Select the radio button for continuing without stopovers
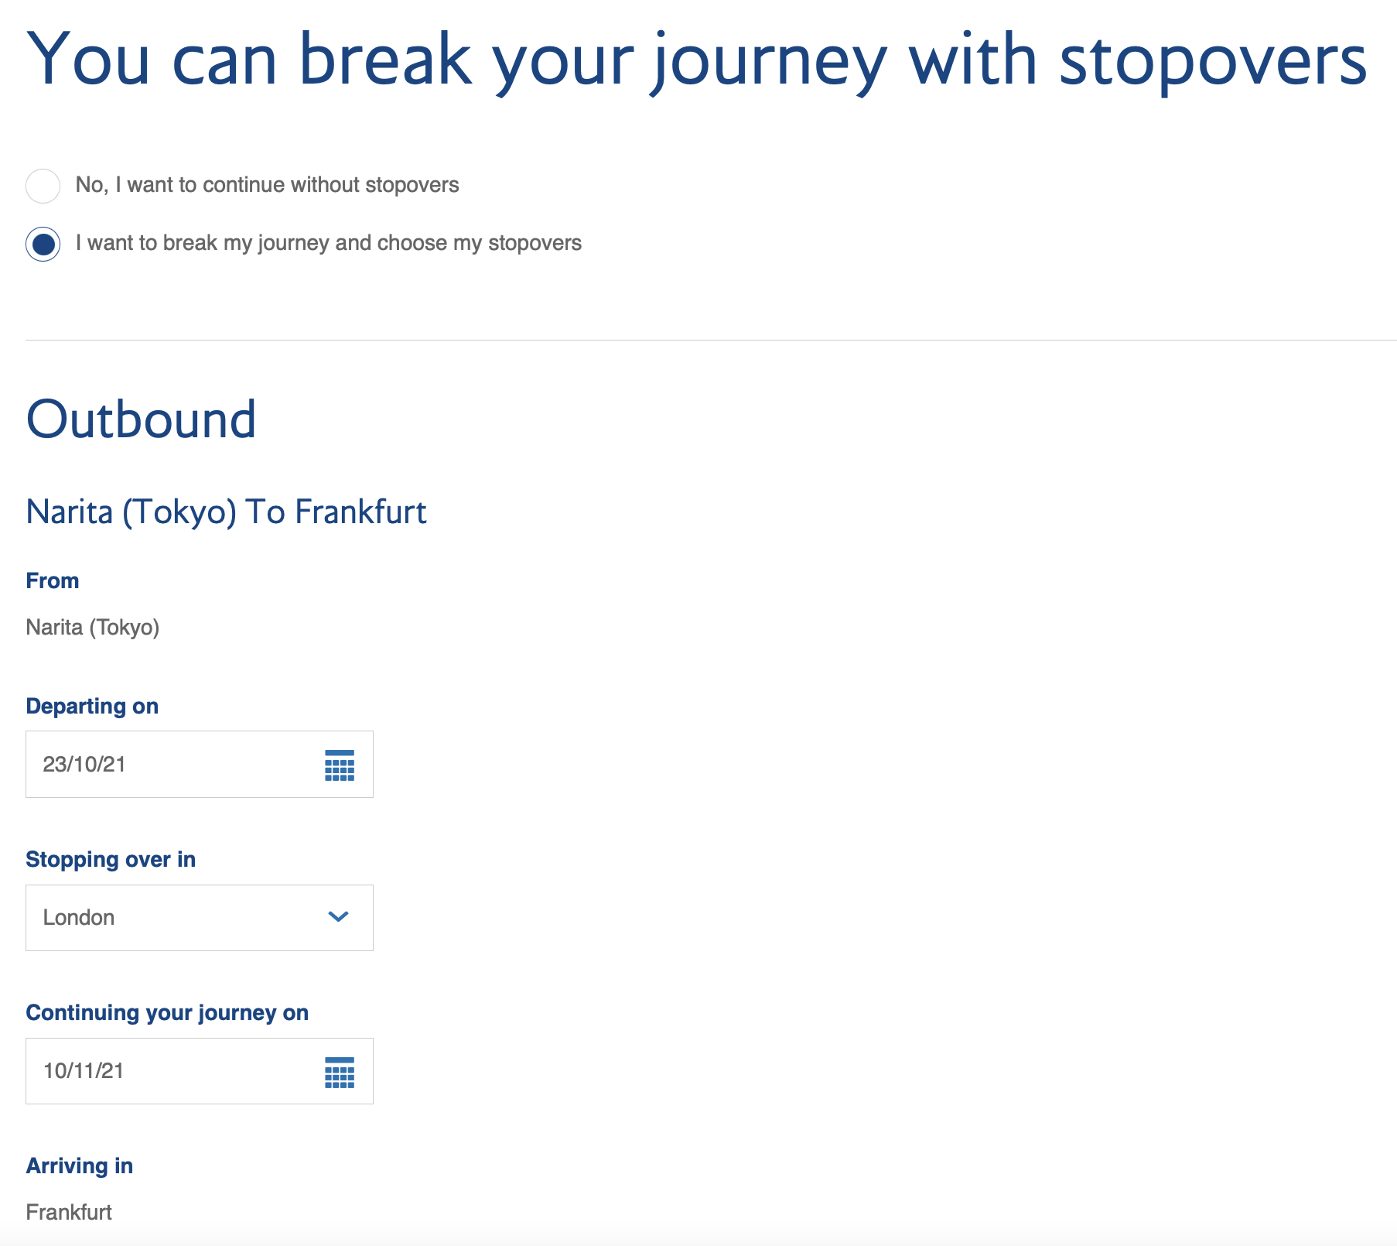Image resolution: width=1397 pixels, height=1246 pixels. point(43,186)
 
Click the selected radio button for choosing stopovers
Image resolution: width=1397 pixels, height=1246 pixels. point(43,244)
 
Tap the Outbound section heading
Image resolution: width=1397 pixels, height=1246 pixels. point(141,419)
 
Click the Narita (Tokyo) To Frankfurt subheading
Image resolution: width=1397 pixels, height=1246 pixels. point(226,512)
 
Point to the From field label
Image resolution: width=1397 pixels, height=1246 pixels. point(53,580)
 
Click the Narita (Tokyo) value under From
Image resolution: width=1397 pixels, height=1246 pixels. point(93,627)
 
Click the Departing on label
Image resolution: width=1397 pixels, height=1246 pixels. point(92,707)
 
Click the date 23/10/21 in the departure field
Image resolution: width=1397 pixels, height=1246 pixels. point(84,765)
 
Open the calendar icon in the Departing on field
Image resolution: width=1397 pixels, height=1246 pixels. point(340,765)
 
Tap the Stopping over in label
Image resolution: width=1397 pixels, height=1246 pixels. point(111,860)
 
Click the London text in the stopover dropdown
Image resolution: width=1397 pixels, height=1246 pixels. point(79,918)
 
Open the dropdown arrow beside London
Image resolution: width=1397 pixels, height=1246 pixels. point(339,917)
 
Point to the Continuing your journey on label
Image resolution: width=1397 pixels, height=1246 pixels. point(167,1013)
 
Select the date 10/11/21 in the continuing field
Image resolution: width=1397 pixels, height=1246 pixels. point(84,1071)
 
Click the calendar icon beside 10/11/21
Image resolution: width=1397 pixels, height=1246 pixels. point(340,1072)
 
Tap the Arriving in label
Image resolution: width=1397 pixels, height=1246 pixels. point(80,1166)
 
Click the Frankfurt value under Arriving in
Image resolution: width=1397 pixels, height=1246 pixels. point(69,1212)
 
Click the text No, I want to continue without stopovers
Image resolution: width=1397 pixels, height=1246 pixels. point(268,185)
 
